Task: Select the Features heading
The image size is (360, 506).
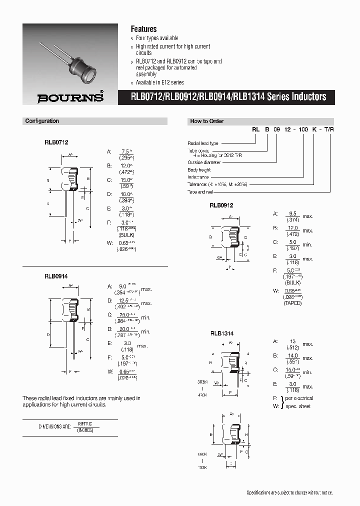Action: (143, 29)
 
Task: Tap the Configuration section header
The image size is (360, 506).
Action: (42, 121)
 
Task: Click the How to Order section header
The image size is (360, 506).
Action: (206, 121)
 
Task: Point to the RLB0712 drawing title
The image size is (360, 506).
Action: (55, 141)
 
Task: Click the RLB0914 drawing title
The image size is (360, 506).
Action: (55, 275)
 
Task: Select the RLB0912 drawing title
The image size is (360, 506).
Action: (221, 205)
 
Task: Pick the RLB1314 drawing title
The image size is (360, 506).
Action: (221, 333)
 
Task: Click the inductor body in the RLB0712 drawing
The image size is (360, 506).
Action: (70, 179)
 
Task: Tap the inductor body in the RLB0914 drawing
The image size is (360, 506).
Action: (70, 310)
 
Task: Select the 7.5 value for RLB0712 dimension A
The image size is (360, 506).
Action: (125, 151)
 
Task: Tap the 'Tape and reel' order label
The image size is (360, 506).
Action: (200, 192)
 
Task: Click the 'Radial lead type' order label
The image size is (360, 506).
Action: (203, 143)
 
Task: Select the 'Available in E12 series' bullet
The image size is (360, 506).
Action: (159, 82)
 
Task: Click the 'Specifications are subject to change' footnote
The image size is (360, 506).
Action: (289, 492)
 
